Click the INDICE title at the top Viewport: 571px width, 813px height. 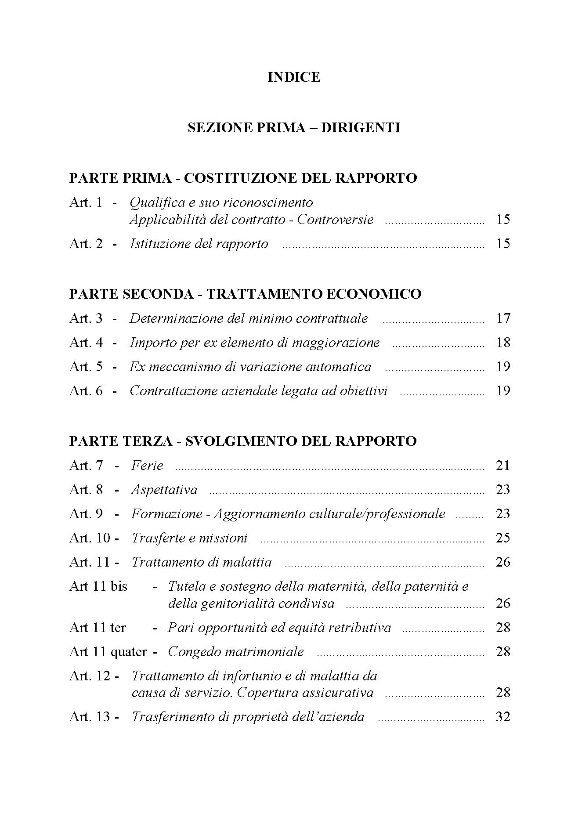(x=294, y=77)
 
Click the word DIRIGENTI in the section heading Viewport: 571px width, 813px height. (x=360, y=128)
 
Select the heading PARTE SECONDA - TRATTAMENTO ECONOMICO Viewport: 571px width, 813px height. (x=245, y=294)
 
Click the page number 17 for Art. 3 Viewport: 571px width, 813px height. (x=503, y=318)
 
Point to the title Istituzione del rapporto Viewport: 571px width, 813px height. (x=199, y=244)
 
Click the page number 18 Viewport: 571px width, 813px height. (x=503, y=342)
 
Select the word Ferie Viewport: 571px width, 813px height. (x=147, y=466)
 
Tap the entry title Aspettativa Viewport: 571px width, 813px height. (x=164, y=490)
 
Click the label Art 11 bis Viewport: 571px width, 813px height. (x=98, y=586)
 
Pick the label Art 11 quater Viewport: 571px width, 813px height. (x=108, y=652)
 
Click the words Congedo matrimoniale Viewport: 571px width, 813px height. (x=235, y=652)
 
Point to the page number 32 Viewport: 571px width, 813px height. (x=503, y=717)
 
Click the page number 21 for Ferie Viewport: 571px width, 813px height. (x=503, y=466)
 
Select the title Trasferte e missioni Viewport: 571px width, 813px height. (x=189, y=538)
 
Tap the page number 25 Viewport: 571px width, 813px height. (x=503, y=538)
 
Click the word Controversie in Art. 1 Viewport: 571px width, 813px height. (x=335, y=220)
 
